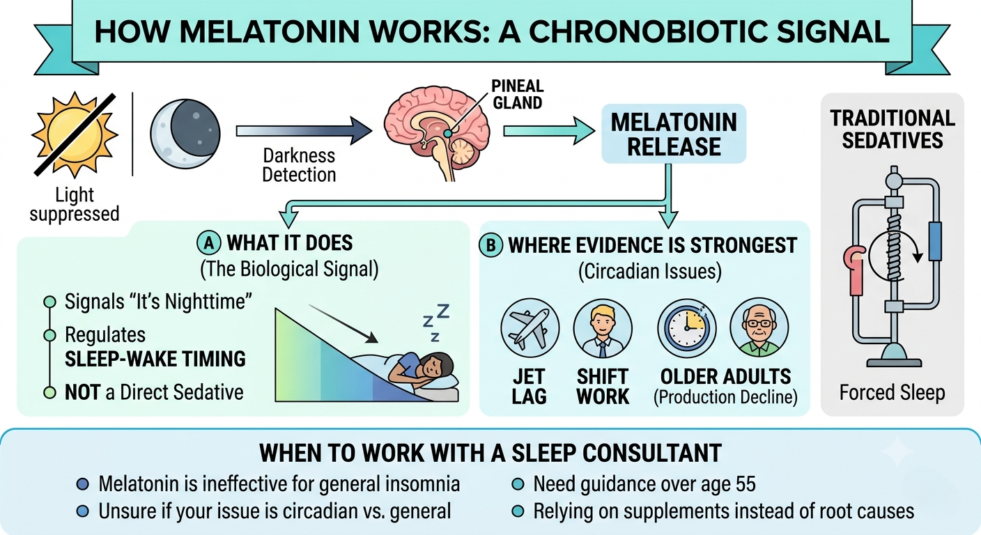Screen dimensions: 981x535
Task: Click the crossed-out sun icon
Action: coord(75,134)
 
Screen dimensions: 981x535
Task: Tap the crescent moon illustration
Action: coord(185,133)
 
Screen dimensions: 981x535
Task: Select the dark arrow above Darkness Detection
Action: coord(304,131)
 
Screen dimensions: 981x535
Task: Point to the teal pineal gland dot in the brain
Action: coord(447,132)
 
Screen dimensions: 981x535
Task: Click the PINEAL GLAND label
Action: coord(517,94)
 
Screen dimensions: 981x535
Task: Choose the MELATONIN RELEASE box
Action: coord(674,134)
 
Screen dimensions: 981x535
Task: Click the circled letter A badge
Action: coord(209,243)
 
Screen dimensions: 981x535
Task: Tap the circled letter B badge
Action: coord(491,245)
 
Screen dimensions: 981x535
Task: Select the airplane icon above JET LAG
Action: coord(530,328)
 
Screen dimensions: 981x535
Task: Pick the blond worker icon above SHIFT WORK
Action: coord(603,329)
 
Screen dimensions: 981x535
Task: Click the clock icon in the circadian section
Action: coord(687,328)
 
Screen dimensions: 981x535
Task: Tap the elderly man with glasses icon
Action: coord(759,327)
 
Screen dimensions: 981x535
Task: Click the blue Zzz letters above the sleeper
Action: coord(436,323)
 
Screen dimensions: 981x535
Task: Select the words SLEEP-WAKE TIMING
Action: coord(155,359)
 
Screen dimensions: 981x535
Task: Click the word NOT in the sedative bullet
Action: coord(83,392)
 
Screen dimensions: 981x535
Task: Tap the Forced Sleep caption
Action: coord(892,393)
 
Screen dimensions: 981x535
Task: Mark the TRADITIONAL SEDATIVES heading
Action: coord(892,130)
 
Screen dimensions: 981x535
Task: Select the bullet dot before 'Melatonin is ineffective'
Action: coord(83,484)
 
